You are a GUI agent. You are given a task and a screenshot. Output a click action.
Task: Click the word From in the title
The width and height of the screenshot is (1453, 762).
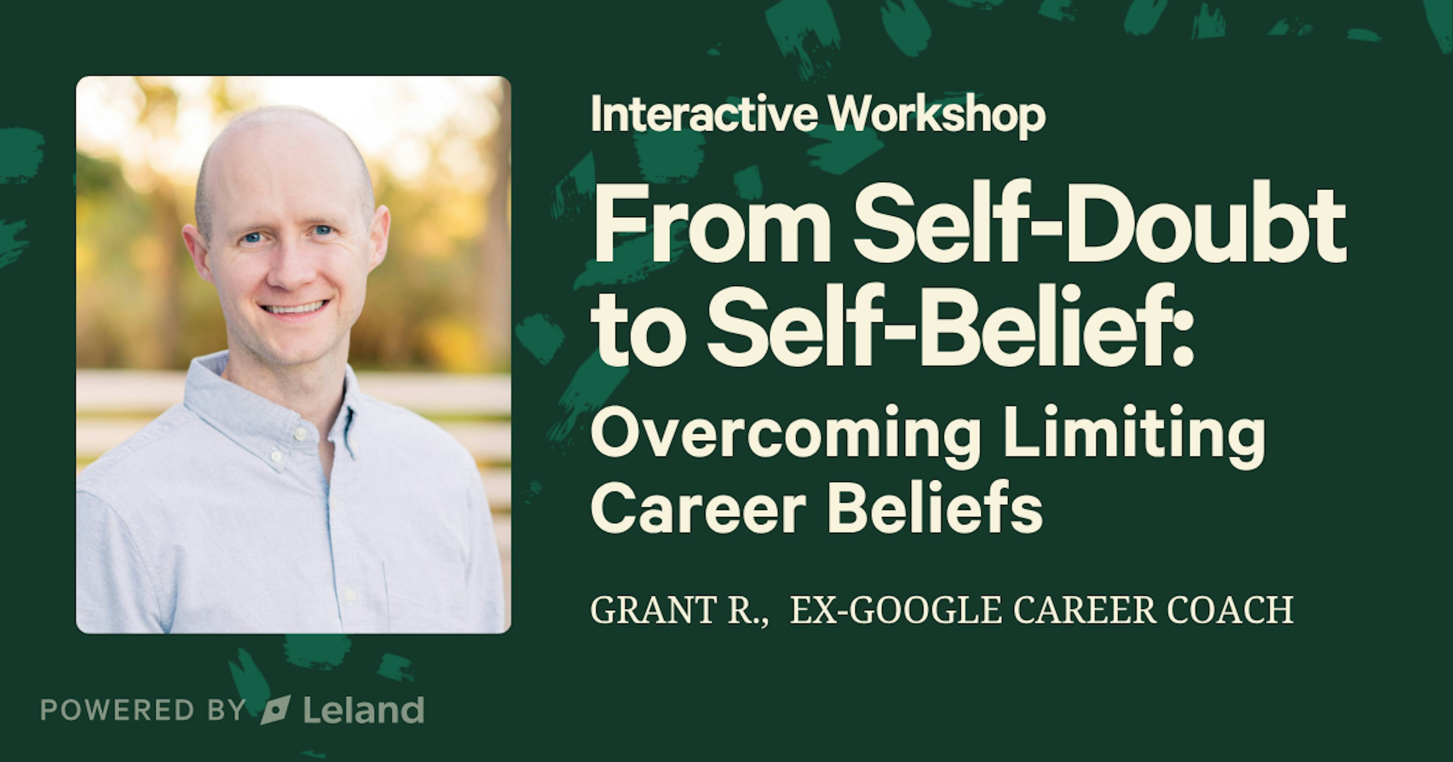(711, 225)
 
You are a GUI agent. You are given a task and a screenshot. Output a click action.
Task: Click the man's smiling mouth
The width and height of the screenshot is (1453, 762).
(293, 308)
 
